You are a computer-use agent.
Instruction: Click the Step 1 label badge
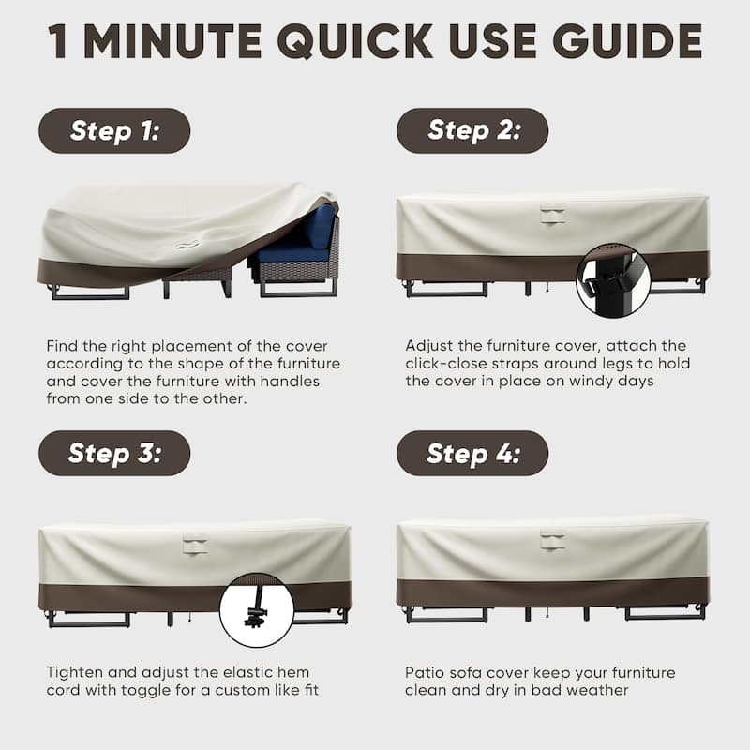point(114,130)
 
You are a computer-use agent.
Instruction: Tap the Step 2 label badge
point(472,130)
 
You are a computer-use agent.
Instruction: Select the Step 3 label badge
point(114,453)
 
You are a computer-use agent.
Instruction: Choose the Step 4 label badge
point(472,453)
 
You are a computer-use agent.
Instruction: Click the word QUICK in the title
point(355,41)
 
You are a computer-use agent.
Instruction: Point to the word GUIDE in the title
point(627,41)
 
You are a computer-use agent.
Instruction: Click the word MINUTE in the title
point(172,41)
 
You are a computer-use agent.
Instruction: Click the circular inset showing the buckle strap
point(613,280)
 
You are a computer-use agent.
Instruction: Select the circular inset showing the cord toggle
point(257,610)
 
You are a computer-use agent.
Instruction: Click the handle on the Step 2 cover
point(552,214)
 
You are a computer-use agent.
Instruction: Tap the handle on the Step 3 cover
point(195,547)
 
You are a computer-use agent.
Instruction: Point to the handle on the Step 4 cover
point(552,541)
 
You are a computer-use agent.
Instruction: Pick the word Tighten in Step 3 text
point(75,673)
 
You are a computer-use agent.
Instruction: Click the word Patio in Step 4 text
point(427,673)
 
